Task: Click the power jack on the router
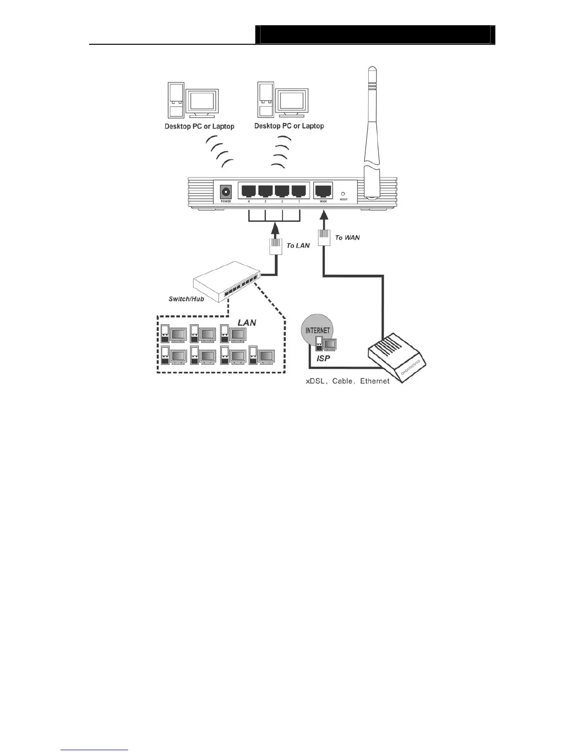pyautogui.click(x=225, y=192)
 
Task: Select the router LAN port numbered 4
pyautogui.click(x=249, y=191)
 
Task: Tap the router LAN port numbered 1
pyautogui.click(x=299, y=191)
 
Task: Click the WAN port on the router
pyautogui.click(x=323, y=191)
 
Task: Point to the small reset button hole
pyautogui.click(x=343, y=194)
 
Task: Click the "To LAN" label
pyautogui.click(x=298, y=246)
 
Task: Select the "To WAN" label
pyautogui.click(x=347, y=238)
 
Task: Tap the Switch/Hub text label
pyautogui.click(x=186, y=299)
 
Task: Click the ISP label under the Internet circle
pyautogui.click(x=323, y=358)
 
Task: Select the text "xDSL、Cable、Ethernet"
pyautogui.click(x=347, y=381)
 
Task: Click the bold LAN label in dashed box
pyautogui.click(x=247, y=323)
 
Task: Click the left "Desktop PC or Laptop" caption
pyautogui.click(x=199, y=126)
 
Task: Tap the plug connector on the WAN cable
pyautogui.click(x=324, y=237)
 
